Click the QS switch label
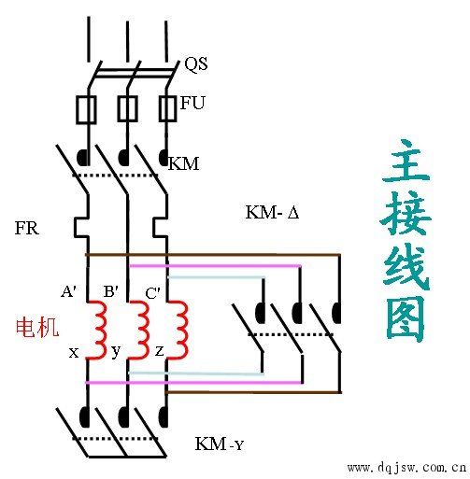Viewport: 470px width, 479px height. pos(196,64)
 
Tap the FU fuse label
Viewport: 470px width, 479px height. pos(192,103)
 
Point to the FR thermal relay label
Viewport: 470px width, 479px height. pos(27,227)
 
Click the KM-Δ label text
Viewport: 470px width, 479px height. pos(272,213)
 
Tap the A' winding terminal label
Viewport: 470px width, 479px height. pos(69,291)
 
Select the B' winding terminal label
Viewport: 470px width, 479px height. pos(110,291)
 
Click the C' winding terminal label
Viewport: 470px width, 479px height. pos(152,292)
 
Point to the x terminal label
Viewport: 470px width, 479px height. pos(74,352)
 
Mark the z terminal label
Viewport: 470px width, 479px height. pos(160,352)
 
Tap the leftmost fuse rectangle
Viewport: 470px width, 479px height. pos(86,109)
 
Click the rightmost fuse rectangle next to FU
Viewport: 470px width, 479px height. pos(167,108)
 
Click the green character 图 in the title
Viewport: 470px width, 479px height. pos(406,318)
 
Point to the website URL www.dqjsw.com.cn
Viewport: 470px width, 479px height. pos(406,466)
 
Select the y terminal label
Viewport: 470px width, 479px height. pos(116,353)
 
